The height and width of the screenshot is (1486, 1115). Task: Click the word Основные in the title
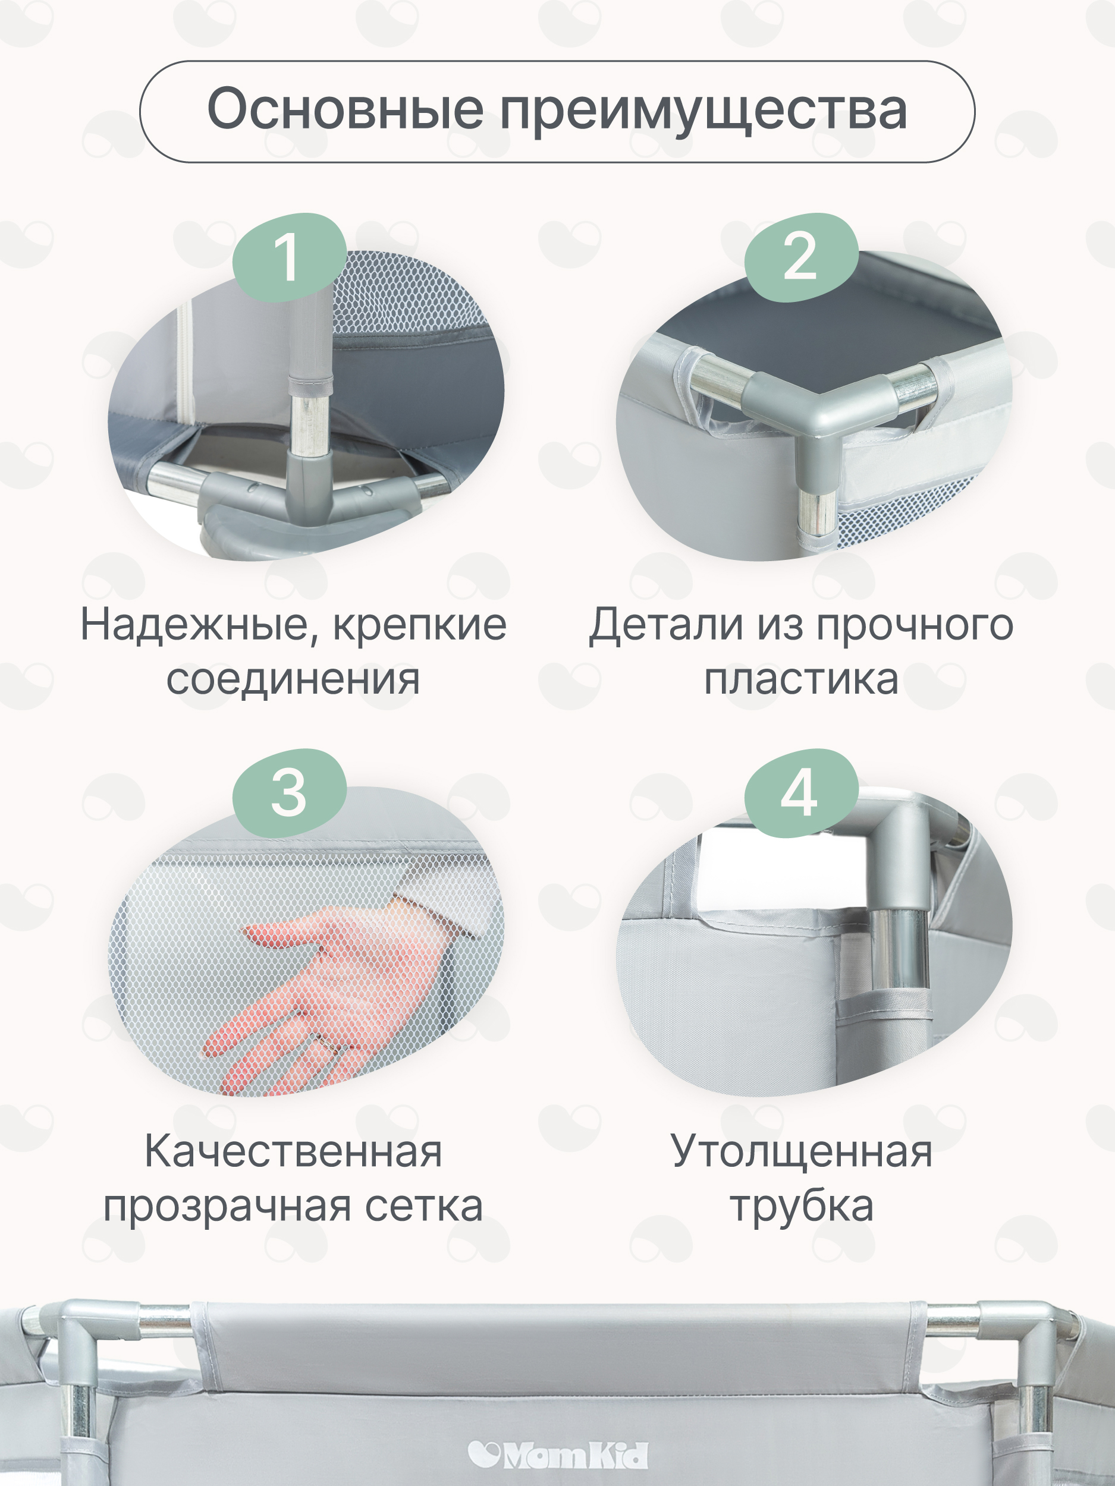click(x=345, y=109)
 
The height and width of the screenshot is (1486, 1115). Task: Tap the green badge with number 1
click(x=289, y=257)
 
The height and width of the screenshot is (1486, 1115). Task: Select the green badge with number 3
click(x=289, y=794)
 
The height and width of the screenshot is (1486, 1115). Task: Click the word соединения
click(x=293, y=679)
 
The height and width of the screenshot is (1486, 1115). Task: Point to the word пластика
click(x=801, y=679)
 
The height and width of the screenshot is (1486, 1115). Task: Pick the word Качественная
click(x=293, y=1151)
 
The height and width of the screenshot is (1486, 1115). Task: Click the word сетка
click(x=423, y=1207)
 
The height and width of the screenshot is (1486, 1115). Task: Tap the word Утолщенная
click(x=801, y=1151)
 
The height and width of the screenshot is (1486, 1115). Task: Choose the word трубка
click(x=801, y=1207)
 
